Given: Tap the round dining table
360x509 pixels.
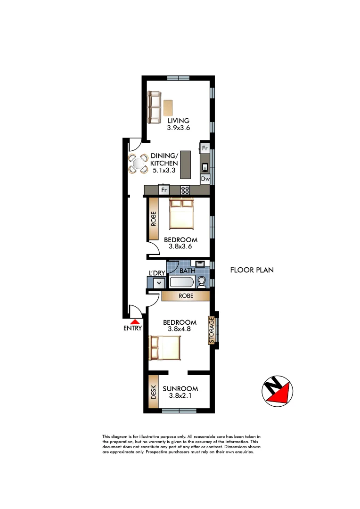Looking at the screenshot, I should point(139,164).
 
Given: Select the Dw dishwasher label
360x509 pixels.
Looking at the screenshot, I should point(205,179).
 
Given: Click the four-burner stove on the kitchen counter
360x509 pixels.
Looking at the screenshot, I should point(185,190).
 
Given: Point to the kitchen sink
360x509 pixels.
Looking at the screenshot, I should point(205,166).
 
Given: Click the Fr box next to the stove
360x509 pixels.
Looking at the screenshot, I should point(164,190).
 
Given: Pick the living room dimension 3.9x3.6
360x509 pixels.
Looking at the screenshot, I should point(178,128).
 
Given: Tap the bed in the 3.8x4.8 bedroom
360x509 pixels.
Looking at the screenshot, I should point(165,347).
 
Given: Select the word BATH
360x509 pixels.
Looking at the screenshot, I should point(187,271).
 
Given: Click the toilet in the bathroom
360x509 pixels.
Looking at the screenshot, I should point(202,282).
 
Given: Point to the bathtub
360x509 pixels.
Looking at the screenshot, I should point(181,283).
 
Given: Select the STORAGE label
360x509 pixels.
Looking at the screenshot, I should point(212,330).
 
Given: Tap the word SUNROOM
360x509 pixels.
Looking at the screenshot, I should point(180,389).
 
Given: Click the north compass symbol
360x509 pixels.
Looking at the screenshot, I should point(277,391).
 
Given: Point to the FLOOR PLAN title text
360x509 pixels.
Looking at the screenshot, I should point(252,271).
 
